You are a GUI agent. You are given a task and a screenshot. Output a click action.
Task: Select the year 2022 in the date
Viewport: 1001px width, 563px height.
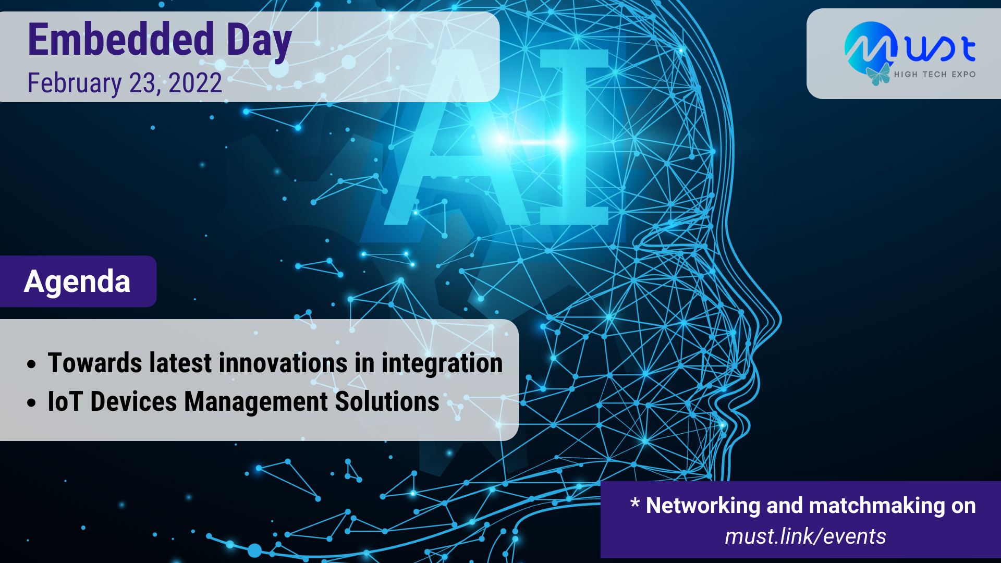(196, 83)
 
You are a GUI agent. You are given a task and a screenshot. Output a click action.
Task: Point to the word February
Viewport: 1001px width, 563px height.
(75, 84)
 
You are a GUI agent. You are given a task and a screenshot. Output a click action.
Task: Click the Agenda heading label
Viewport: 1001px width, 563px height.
(77, 281)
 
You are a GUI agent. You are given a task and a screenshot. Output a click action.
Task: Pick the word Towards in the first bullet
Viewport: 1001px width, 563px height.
(95, 363)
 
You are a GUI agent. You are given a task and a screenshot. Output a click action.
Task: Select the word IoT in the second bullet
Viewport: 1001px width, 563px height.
(65, 401)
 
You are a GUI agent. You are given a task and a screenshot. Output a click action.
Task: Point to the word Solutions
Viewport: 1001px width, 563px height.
(387, 401)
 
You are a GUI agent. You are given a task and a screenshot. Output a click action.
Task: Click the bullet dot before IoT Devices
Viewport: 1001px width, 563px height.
(32, 403)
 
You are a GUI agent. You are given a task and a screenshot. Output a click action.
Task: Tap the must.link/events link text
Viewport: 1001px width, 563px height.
(805, 536)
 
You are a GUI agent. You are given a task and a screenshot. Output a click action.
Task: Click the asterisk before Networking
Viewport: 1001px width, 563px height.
(634, 503)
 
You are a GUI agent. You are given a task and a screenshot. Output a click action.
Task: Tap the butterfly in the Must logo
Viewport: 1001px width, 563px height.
(878, 74)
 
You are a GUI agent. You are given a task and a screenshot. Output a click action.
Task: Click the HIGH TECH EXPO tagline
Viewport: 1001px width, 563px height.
(935, 75)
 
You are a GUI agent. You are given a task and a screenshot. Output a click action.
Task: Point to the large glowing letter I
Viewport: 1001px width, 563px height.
(574, 137)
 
